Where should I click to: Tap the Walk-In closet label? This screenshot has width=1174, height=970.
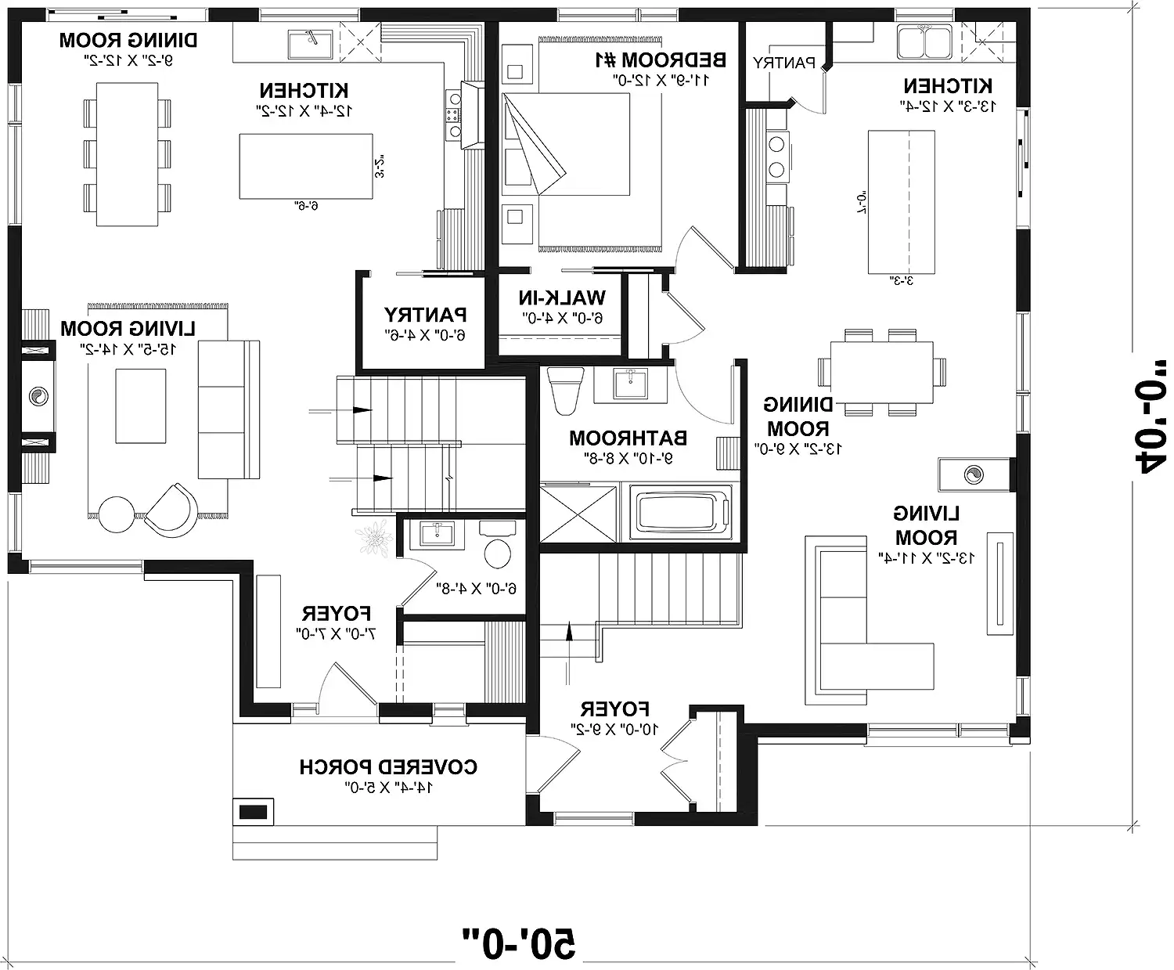coord(561,298)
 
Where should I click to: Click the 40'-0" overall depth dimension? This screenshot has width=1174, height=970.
coord(1147,426)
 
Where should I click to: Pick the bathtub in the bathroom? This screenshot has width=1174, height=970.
coord(680,513)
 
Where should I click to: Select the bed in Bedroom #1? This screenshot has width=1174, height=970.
coord(583,172)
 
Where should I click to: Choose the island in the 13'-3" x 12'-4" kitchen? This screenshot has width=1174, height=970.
coord(902,203)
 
